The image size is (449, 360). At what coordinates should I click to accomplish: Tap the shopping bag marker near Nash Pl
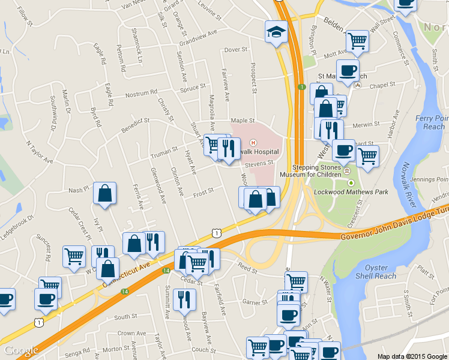click(104, 194)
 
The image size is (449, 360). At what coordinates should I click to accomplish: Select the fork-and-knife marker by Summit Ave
click(184, 299)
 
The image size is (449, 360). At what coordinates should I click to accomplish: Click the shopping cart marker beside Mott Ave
click(357, 41)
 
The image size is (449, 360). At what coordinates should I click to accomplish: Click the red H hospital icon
click(253, 142)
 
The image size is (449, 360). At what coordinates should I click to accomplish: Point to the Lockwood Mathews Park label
click(351, 192)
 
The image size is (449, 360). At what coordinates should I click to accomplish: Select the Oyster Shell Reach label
click(376, 272)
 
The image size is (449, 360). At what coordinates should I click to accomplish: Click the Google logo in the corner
click(21, 351)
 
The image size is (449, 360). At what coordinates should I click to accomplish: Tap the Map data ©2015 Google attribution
click(411, 356)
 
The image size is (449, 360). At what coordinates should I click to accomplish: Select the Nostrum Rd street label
click(140, 94)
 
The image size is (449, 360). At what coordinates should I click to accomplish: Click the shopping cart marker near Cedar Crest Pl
click(74, 256)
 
